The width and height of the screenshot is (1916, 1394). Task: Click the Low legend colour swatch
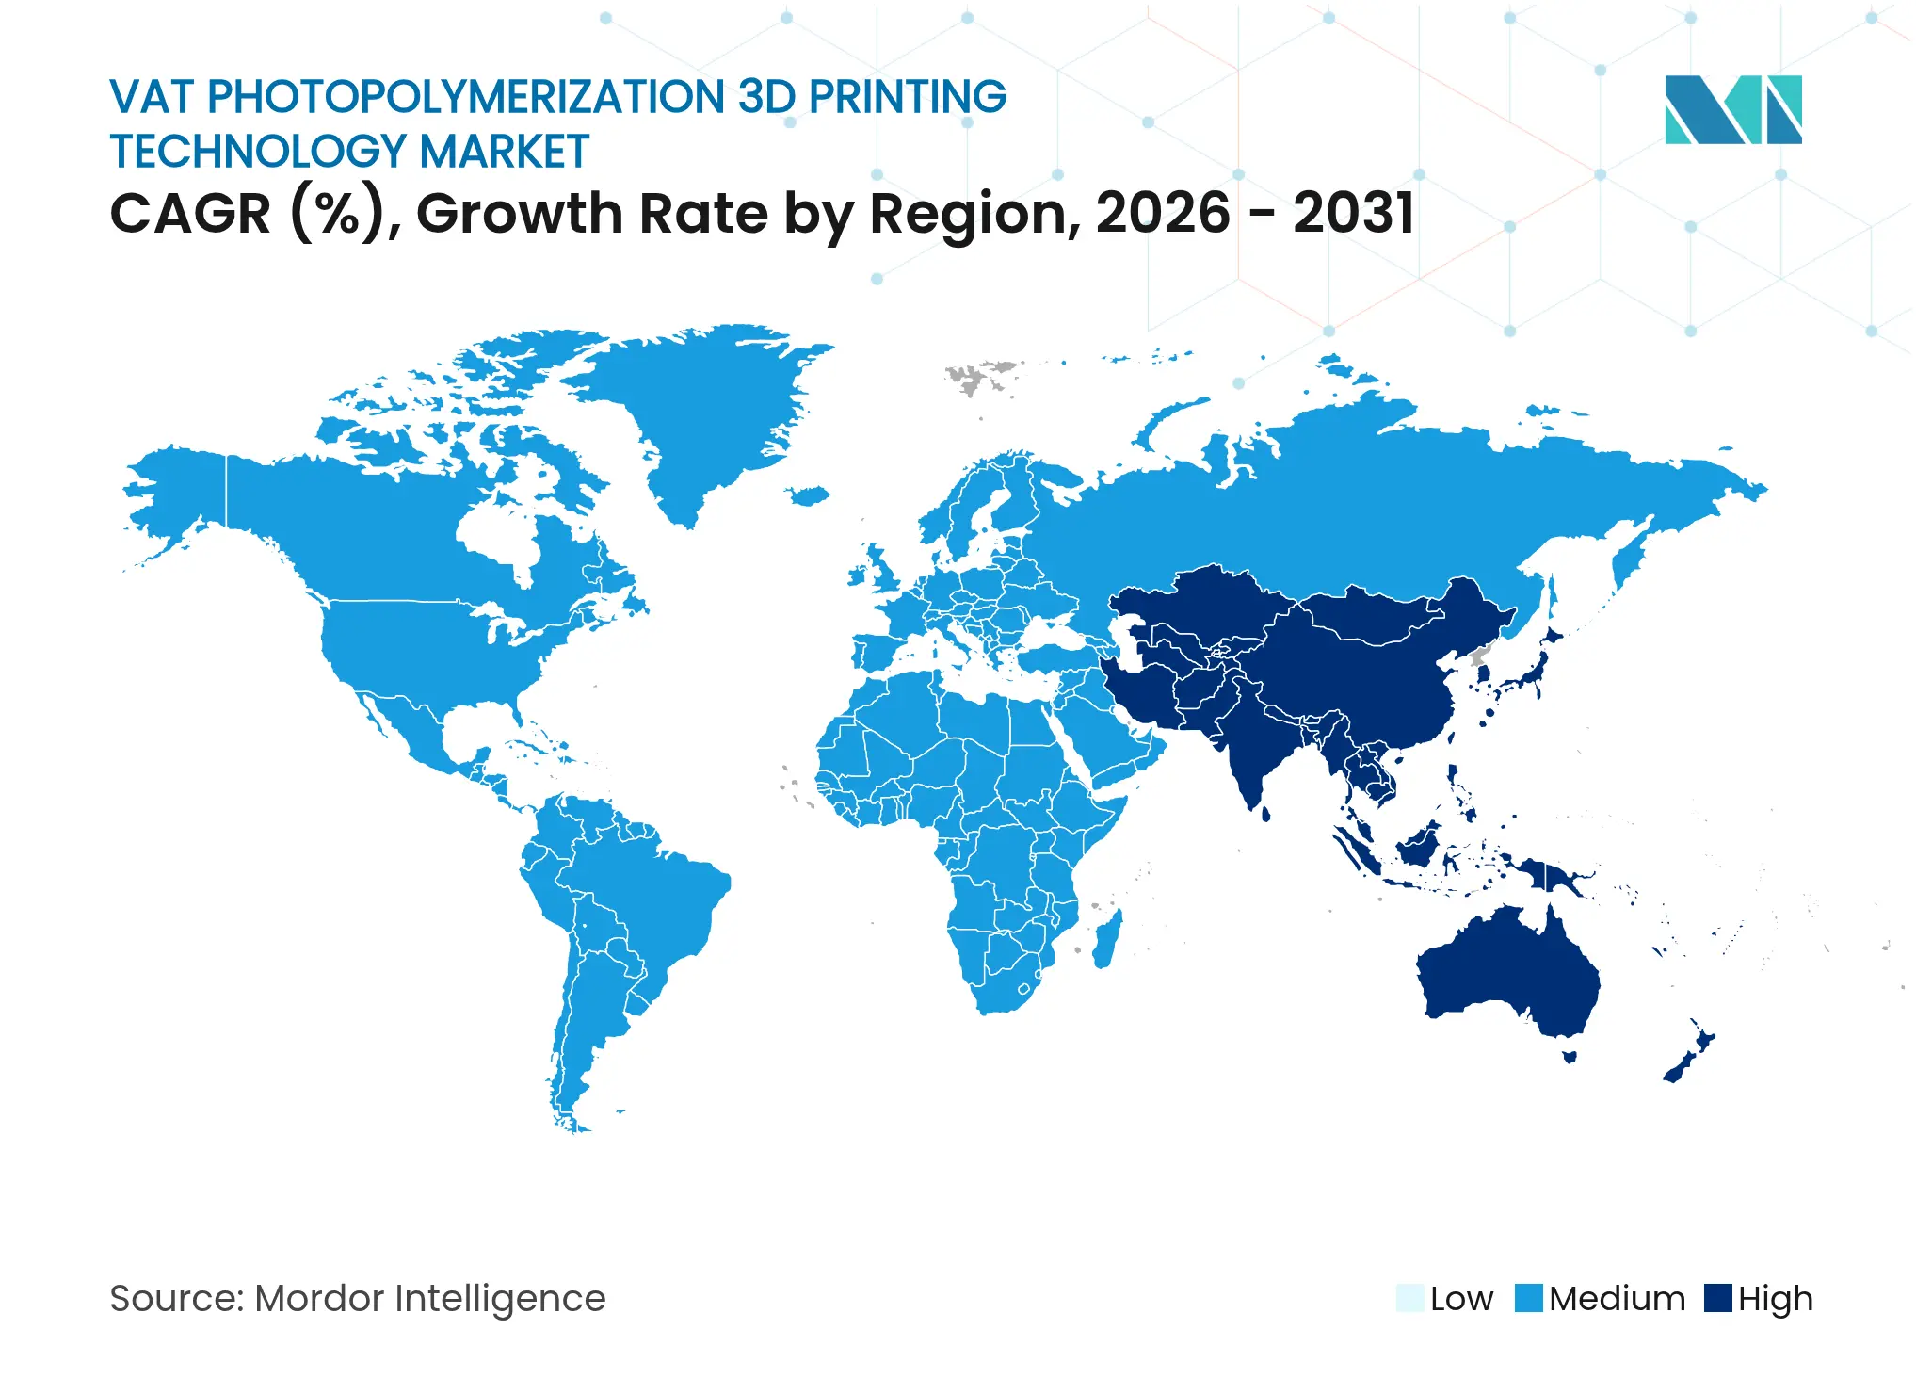(1409, 1298)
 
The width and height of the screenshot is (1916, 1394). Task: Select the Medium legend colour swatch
(1528, 1298)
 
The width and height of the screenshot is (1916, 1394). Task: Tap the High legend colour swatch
(1718, 1298)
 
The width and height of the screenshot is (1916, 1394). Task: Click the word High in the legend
(1775, 1299)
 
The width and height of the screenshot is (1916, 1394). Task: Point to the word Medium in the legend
(1617, 1299)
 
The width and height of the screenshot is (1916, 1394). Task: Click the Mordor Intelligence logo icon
(1732, 109)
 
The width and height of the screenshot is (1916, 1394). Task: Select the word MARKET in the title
(504, 152)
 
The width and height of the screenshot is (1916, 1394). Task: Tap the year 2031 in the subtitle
(1353, 213)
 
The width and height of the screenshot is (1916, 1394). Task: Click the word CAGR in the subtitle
(190, 214)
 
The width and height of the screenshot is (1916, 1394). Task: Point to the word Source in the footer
(175, 1299)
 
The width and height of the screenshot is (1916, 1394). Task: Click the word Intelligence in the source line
(500, 1299)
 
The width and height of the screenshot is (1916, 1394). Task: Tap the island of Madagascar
(1107, 938)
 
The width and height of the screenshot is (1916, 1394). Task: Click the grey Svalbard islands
(979, 376)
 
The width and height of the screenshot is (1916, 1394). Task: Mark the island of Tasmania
(1569, 1056)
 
